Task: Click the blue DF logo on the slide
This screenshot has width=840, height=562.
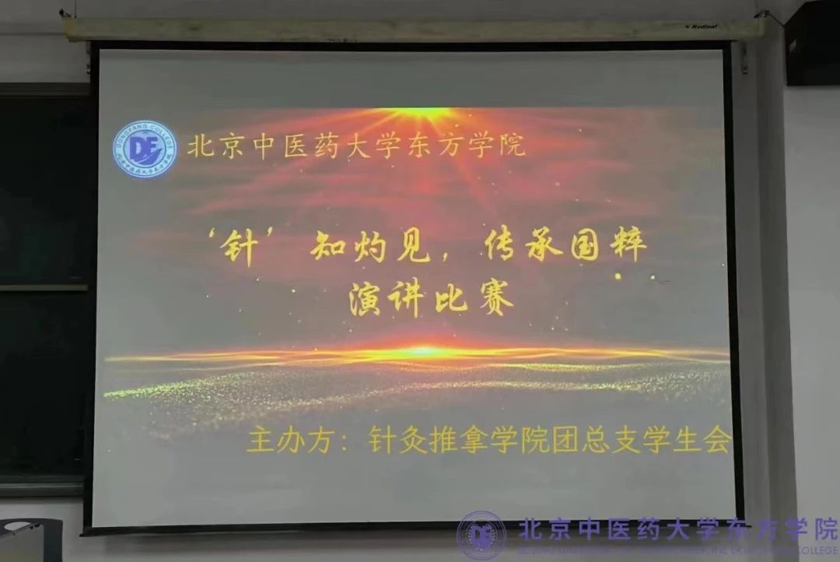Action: click(x=145, y=149)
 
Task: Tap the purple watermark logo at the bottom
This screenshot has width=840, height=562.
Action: click(x=481, y=535)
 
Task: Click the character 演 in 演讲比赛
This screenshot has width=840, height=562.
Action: click(x=366, y=299)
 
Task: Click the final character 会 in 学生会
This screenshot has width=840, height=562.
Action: click(x=716, y=441)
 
